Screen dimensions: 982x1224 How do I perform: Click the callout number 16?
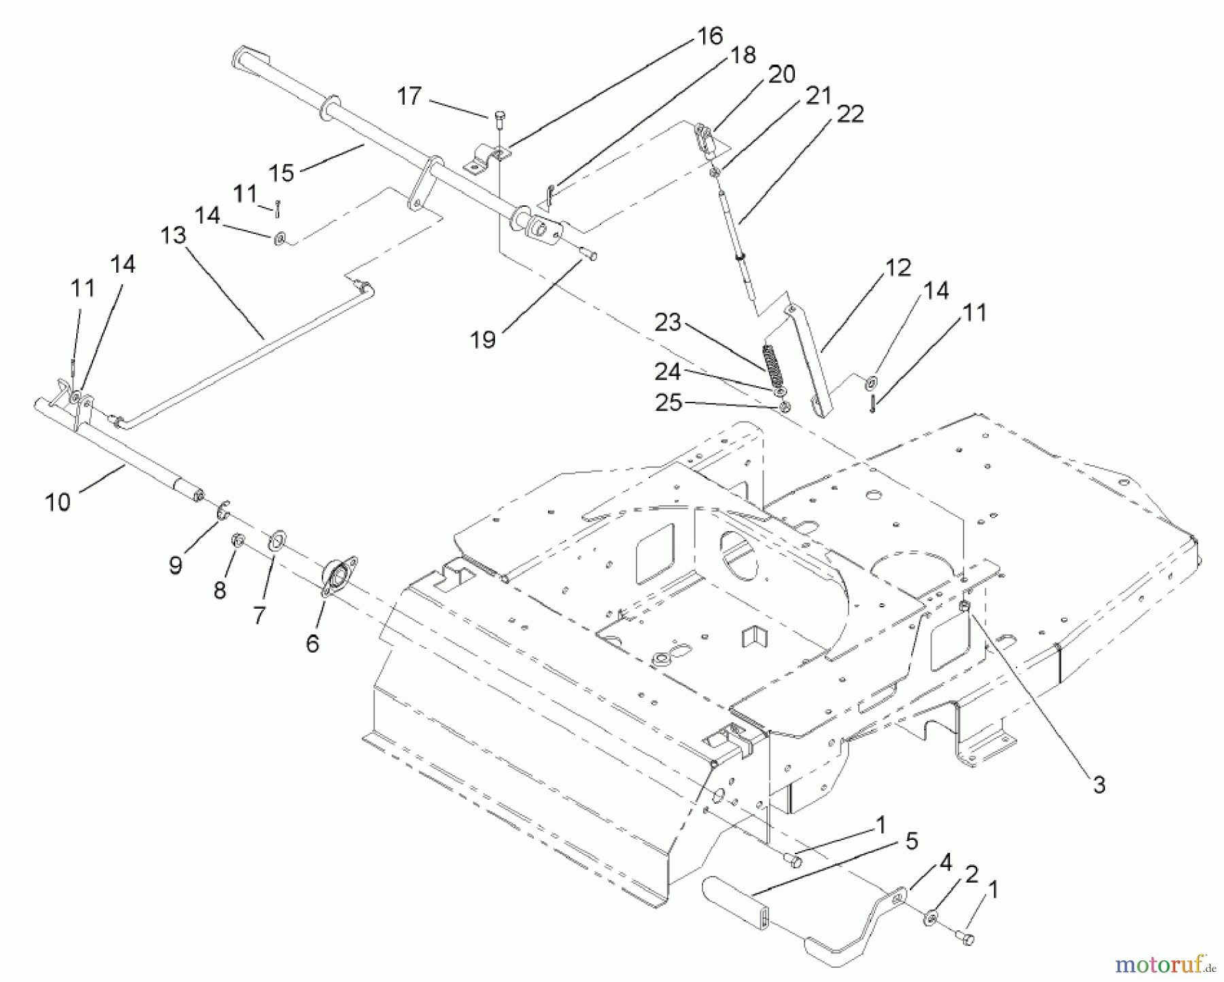point(710,36)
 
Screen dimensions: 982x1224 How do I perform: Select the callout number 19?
point(483,339)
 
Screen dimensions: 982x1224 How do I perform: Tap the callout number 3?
point(1099,785)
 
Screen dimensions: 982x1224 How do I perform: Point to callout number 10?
point(58,503)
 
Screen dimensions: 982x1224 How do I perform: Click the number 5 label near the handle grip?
point(912,841)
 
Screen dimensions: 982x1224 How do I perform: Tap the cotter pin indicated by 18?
point(551,195)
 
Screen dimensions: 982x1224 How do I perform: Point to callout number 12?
point(898,268)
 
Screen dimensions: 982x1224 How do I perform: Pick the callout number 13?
point(173,235)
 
